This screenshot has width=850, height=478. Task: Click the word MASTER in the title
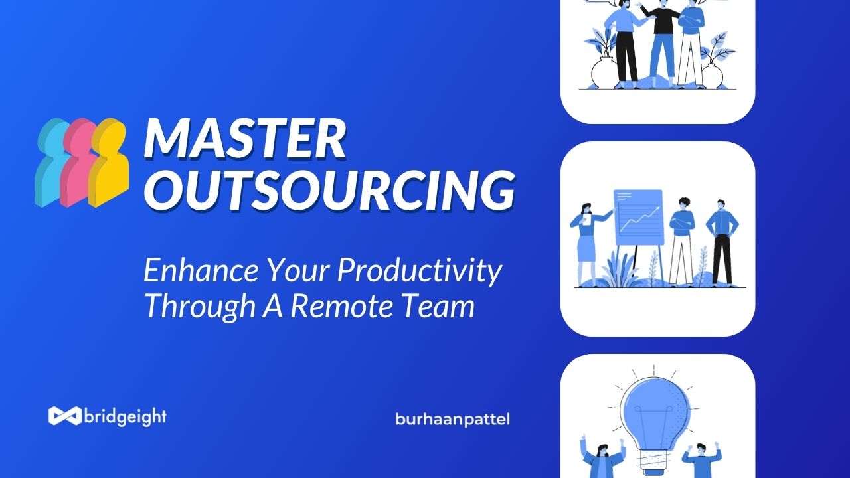tap(245, 139)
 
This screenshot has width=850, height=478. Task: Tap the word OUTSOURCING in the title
tap(330, 190)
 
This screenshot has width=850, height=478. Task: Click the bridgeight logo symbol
tap(65, 416)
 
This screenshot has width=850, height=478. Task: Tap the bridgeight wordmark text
tap(126, 416)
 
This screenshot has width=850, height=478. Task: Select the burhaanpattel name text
tap(452, 420)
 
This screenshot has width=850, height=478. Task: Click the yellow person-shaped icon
tap(110, 163)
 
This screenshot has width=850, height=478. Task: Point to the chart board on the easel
tap(639, 217)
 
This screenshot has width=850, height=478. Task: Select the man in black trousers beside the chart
tap(721, 242)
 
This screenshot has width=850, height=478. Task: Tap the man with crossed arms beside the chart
tap(682, 241)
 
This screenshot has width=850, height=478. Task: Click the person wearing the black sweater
tap(663, 42)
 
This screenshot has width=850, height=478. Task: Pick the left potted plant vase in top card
tap(604, 73)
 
